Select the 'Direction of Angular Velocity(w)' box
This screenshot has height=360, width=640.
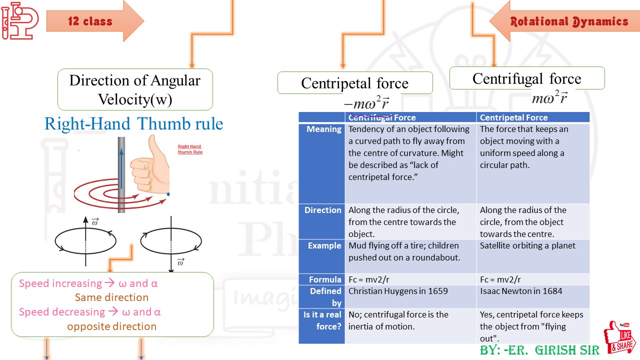(x=135, y=89)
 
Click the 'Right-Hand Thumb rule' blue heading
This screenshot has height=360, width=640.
(x=133, y=123)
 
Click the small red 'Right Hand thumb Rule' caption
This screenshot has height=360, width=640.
(x=190, y=149)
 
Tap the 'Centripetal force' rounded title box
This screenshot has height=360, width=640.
(x=354, y=83)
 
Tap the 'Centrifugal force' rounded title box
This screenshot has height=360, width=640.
(x=526, y=78)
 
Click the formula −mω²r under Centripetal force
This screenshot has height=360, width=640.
(x=366, y=103)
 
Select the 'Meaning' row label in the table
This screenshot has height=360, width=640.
(x=323, y=129)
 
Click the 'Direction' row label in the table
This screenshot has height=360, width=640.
(x=322, y=210)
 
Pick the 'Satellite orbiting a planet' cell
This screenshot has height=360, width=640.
(x=527, y=245)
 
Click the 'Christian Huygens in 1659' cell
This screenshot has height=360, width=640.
(x=398, y=291)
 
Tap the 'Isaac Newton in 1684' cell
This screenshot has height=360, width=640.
(x=521, y=291)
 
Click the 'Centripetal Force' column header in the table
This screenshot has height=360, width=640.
(x=513, y=117)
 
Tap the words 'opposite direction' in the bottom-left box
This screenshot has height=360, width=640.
(x=112, y=326)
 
